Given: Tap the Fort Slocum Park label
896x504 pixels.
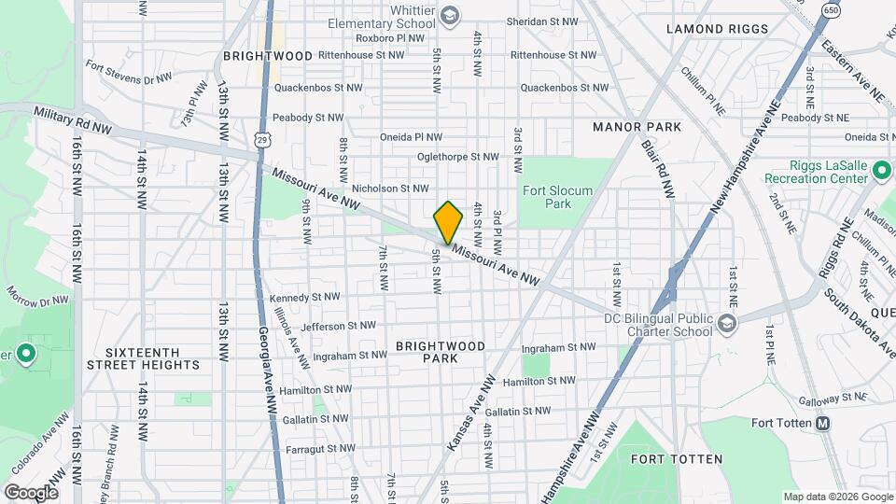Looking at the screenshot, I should [x=557, y=197].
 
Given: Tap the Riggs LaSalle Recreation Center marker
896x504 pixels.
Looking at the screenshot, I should [x=880, y=171].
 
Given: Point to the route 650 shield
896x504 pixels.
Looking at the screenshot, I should [x=830, y=9].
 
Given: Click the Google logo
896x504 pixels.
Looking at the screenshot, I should [x=31, y=492].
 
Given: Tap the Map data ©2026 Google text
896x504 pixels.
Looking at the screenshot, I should [x=837, y=497].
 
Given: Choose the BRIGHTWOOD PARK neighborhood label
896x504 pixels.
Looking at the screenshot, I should [x=441, y=352].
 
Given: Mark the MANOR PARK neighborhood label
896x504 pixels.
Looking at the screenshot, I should [x=637, y=126].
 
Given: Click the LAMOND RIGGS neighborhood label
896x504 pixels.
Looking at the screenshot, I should [x=717, y=29].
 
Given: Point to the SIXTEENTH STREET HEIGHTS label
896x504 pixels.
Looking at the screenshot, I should [x=143, y=358].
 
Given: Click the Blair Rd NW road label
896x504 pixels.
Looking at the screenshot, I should [x=657, y=169].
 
